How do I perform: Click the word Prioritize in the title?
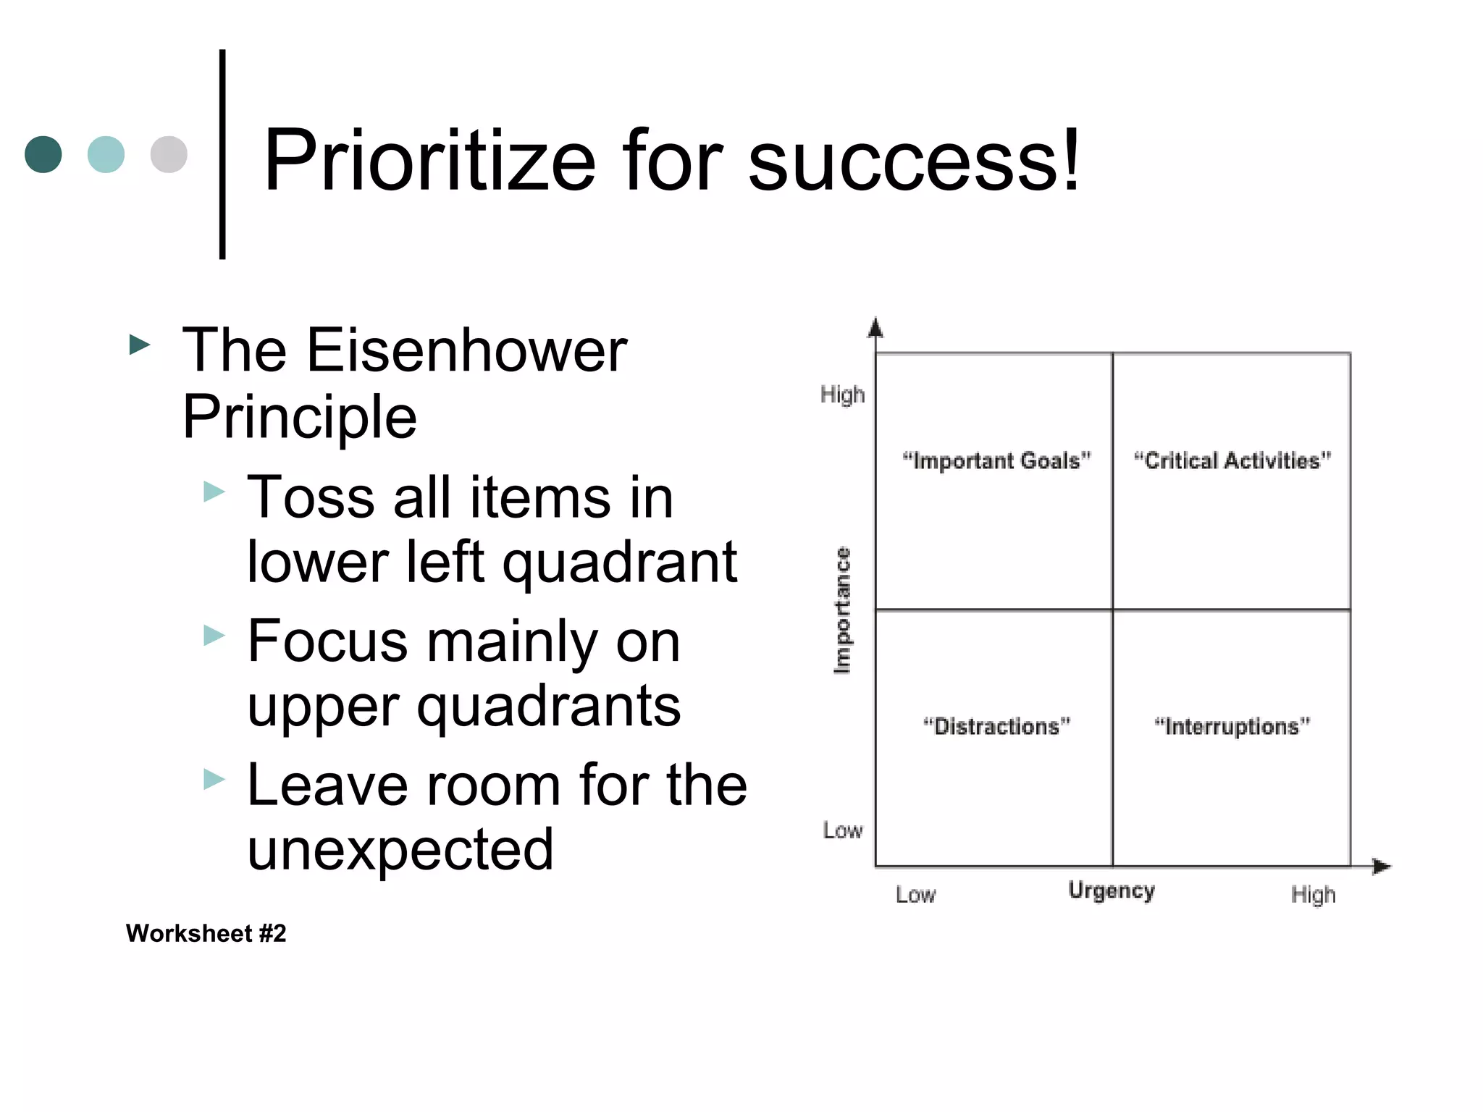pyautogui.click(x=429, y=161)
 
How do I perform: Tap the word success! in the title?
pyautogui.click(x=914, y=161)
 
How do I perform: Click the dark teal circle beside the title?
pyautogui.click(x=43, y=154)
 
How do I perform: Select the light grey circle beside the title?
pyautogui.click(x=169, y=154)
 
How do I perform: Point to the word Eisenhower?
pyautogui.click(x=466, y=350)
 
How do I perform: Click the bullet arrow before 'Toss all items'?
pyautogui.click(x=214, y=492)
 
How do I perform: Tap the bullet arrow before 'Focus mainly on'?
pyautogui.click(x=214, y=636)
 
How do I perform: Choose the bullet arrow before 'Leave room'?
pyautogui.click(x=214, y=780)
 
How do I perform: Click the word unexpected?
pyautogui.click(x=400, y=849)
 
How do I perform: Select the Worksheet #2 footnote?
pyautogui.click(x=206, y=933)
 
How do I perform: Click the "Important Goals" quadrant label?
pyautogui.click(x=996, y=460)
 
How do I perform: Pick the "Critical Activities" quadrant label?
pyautogui.click(x=1232, y=460)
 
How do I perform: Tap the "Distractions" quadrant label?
pyautogui.click(x=996, y=726)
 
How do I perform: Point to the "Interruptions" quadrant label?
pyautogui.click(x=1232, y=726)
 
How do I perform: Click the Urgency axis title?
pyautogui.click(x=1112, y=890)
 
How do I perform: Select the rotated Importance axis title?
pyautogui.click(x=842, y=610)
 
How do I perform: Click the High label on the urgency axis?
pyautogui.click(x=1313, y=895)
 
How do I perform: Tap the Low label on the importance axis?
pyautogui.click(x=843, y=830)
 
